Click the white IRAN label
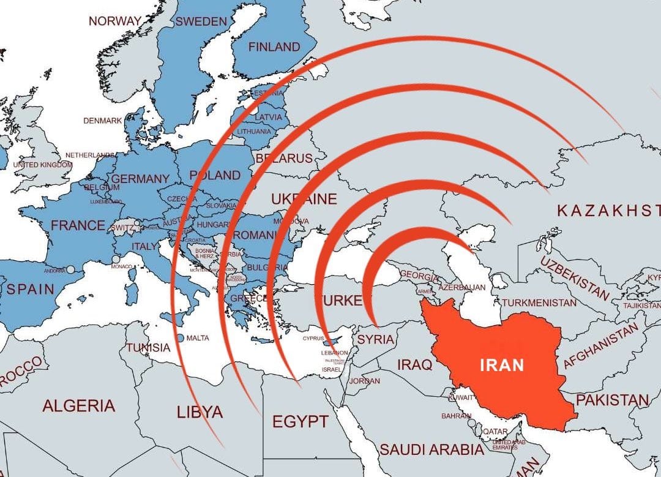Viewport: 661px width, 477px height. tap(501, 366)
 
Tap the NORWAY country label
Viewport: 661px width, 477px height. tap(115, 21)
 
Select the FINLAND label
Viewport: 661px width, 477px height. tap(274, 47)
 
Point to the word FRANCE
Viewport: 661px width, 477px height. tap(78, 225)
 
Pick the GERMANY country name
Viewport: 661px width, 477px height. tap(140, 179)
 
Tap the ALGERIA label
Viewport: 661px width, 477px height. tap(78, 405)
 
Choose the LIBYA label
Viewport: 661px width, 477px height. tap(200, 412)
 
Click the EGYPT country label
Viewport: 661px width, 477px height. tap(300, 421)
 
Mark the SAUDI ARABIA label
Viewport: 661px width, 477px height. tap(431, 450)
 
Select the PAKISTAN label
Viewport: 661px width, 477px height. tap(612, 400)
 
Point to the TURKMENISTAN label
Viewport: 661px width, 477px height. tap(539, 302)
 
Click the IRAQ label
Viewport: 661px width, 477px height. tap(414, 365)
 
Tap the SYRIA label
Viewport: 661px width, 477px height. tap(375, 339)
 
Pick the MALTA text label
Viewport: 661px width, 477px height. tap(197, 338)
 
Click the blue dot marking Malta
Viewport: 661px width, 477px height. tap(181, 337)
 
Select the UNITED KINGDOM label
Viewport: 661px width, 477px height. tap(42, 165)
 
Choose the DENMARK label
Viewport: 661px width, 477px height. tap(102, 121)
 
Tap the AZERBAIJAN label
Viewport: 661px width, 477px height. tap(462, 287)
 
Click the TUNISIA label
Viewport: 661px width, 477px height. tap(148, 348)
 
